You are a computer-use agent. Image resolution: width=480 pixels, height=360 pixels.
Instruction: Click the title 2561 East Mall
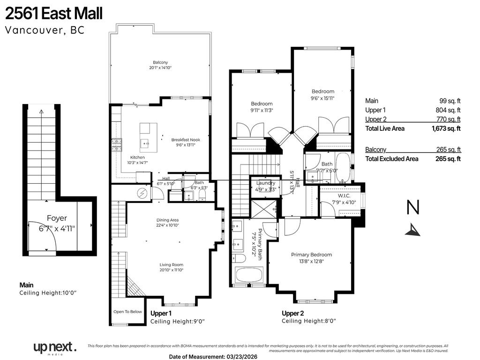click(53, 14)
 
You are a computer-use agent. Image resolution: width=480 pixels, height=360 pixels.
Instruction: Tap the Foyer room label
click(56, 218)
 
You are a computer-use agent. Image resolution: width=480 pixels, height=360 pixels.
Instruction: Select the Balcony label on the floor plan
click(160, 62)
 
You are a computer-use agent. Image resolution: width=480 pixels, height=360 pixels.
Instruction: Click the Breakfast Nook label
click(186, 139)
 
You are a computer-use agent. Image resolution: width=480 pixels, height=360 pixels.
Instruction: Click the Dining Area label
click(167, 220)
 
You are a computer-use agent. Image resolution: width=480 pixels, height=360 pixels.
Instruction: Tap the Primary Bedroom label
click(311, 255)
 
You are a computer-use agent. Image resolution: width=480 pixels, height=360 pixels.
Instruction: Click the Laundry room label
click(266, 183)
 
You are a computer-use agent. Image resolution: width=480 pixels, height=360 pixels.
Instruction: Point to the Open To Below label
click(127, 312)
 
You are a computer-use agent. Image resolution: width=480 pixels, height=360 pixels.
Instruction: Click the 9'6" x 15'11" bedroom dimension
click(323, 98)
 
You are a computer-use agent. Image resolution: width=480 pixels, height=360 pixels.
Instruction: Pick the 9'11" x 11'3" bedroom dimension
click(261, 111)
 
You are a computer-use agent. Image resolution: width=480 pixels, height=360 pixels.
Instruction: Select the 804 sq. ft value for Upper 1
click(449, 110)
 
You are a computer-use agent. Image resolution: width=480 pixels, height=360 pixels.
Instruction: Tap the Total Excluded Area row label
click(391, 159)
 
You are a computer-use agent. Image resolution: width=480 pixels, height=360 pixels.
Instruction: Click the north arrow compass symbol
click(412, 229)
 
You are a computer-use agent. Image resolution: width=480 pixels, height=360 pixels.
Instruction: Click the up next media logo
click(54, 348)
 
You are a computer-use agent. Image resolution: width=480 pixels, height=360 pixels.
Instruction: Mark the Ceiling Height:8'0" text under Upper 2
click(308, 321)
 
